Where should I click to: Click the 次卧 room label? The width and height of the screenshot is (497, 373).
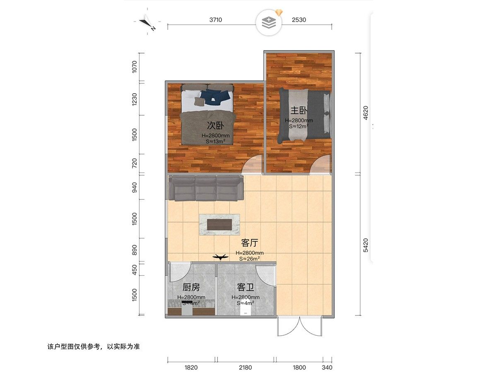[213, 125]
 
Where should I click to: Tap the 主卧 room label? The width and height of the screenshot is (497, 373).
[299, 111]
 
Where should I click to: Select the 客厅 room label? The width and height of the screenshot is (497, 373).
[250, 243]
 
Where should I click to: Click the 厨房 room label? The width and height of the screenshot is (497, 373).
[191, 287]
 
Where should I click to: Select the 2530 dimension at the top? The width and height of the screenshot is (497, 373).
[299, 19]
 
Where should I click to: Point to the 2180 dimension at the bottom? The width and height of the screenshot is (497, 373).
[245, 367]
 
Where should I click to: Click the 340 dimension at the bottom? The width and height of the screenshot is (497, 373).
[327, 367]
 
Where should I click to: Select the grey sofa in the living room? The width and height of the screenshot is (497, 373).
[206, 188]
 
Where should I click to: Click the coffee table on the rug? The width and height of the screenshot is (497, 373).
[220, 224]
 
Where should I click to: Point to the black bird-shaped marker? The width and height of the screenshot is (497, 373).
[220, 257]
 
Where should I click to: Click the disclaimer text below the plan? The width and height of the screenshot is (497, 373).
[94, 346]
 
